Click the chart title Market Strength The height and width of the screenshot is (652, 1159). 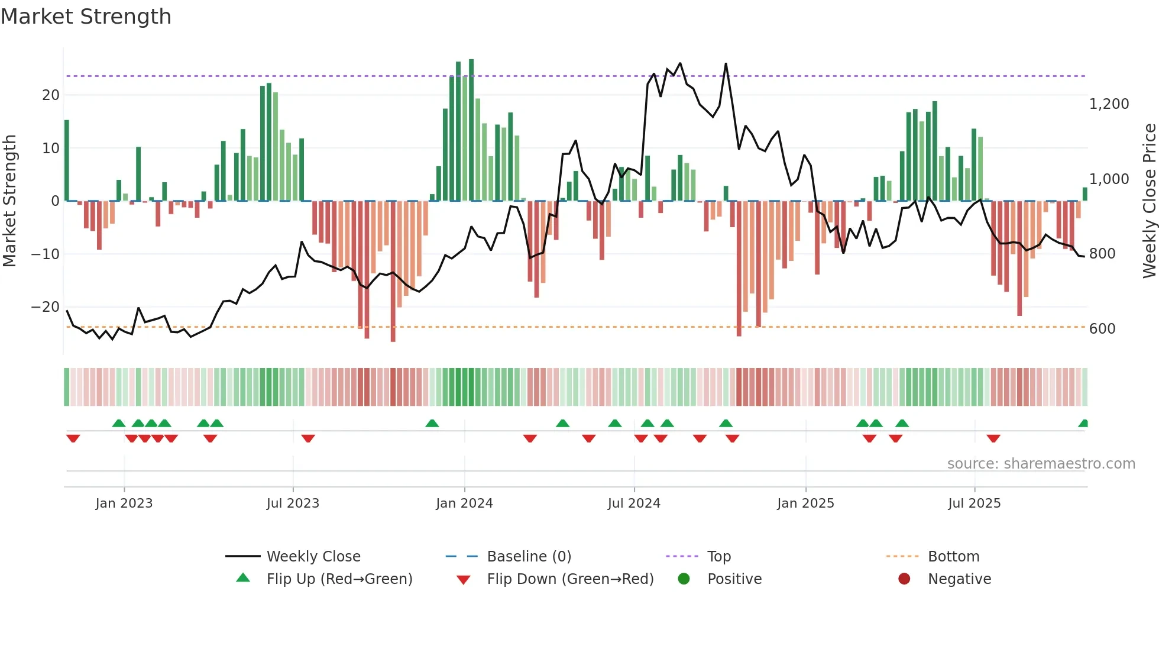pyautogui.click(x=86, y=17)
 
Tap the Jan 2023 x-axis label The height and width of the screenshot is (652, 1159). pyautogui.click(x=124, y=503)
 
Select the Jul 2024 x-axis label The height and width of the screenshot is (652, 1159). pyautogui.click(x=634, y=503)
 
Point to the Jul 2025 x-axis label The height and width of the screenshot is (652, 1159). pyautogui.click(x=975, y=503)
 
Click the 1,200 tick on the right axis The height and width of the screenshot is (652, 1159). pyautogui.click(x=1109, y=104)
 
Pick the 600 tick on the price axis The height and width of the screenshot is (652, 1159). pyautogui.click(x=1102, y=329)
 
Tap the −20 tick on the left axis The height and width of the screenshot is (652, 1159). pyautogui.click(x=46, y=307)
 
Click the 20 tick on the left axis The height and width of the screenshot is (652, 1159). pyautogui.click(x=51, y=95)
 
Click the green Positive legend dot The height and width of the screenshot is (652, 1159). pyautogui.click(x=684, y=579)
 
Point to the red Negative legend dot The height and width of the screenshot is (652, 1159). pyautogui.click(x=904, y=579)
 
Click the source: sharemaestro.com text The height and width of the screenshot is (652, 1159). pyautogui.click(x=1041, y=464)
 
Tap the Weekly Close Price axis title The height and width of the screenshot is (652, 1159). pyautogui.click(x=1149, y=201)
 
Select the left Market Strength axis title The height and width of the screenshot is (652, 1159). pyautogui.click(x=9, y=201)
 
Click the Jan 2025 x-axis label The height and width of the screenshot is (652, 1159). pyautogui.click(x=805, y=503)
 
